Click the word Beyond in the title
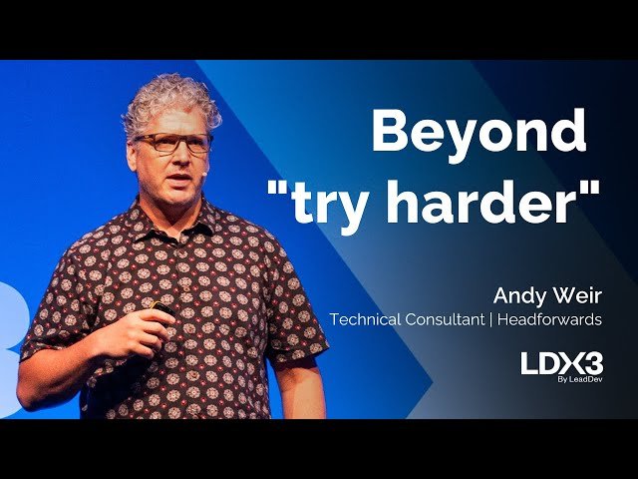point(478,132)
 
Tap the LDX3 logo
point(561,363)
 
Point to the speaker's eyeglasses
point(173,143)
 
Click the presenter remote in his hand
point(162,309)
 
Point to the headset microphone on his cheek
point(204,171)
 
